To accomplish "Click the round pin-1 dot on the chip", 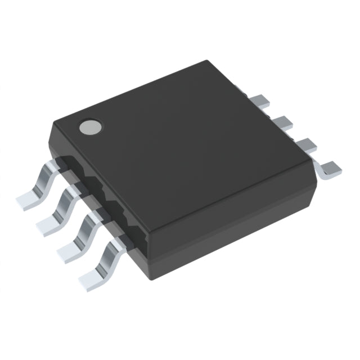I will coord(90,127).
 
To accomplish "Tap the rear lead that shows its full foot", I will coord(330,168).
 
